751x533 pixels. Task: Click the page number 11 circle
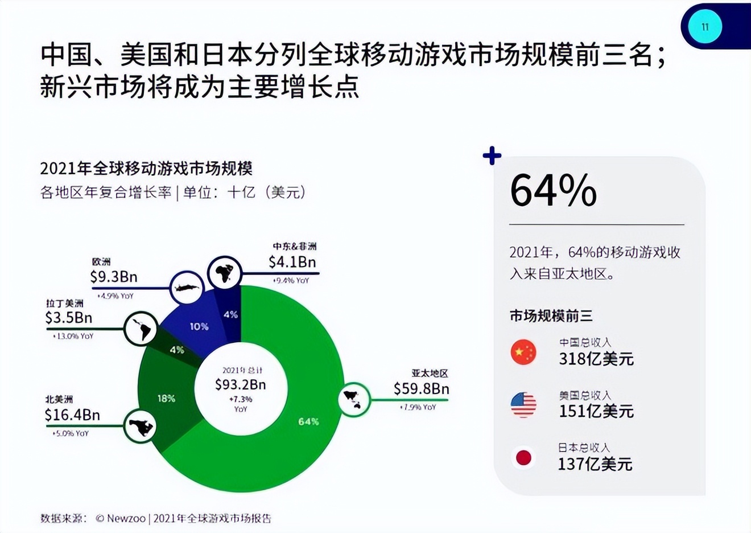tap(705, 27)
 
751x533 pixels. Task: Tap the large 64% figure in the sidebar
tap(553, 190)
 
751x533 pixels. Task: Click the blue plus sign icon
tap(492, 155)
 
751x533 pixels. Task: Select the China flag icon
tap(523, 352)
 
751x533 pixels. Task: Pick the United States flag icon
tap(523, 405)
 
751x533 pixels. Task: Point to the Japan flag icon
tap(523, 458)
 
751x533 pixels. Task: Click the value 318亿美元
tap(596, 359)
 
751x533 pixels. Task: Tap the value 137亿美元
tap(595, 464)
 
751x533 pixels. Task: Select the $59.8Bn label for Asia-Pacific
tap(421, 389)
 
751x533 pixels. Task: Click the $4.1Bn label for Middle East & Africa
tap(292, 262)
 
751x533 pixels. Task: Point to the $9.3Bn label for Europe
tap(114, 277)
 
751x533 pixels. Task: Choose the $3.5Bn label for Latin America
tap(69, 318)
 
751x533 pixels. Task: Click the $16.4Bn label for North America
tap(72, 415)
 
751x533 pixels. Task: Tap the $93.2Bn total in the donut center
tap(240, 385)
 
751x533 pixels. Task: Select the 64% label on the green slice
tap(308, 421)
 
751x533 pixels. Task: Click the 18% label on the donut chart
tap(167, 399)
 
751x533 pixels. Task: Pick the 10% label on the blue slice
tap(199, 326)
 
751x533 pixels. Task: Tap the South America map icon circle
tap(141, 329)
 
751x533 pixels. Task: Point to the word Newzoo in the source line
tap(126, 518)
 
